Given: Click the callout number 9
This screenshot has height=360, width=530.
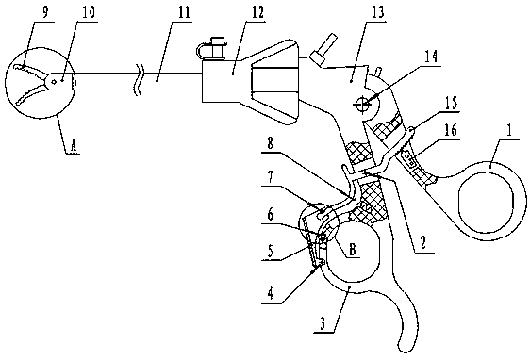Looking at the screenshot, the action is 45,11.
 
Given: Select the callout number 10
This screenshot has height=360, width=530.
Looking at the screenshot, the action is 87,12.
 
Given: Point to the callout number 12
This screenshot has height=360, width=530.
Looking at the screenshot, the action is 256,12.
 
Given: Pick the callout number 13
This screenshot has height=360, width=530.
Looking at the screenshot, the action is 377,12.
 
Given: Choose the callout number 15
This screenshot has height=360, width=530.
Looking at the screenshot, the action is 450,103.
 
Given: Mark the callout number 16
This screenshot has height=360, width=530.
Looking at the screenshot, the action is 450,129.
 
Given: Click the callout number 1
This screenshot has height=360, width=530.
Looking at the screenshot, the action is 509,130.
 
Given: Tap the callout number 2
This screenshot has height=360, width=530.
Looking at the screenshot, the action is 422,242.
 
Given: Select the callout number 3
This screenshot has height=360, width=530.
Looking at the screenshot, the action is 323,323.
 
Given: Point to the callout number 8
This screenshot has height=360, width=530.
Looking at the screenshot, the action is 270,143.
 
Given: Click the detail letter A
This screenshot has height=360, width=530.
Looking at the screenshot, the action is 74,146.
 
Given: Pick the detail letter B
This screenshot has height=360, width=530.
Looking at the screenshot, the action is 352,250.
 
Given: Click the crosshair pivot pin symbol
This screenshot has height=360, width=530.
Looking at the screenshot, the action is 362,103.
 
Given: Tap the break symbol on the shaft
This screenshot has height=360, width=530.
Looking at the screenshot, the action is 140,80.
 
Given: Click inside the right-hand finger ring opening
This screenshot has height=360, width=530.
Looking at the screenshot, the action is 486,202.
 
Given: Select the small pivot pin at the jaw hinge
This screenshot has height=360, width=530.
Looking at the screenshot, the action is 53,81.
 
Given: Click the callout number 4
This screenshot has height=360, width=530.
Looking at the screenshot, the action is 271,293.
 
